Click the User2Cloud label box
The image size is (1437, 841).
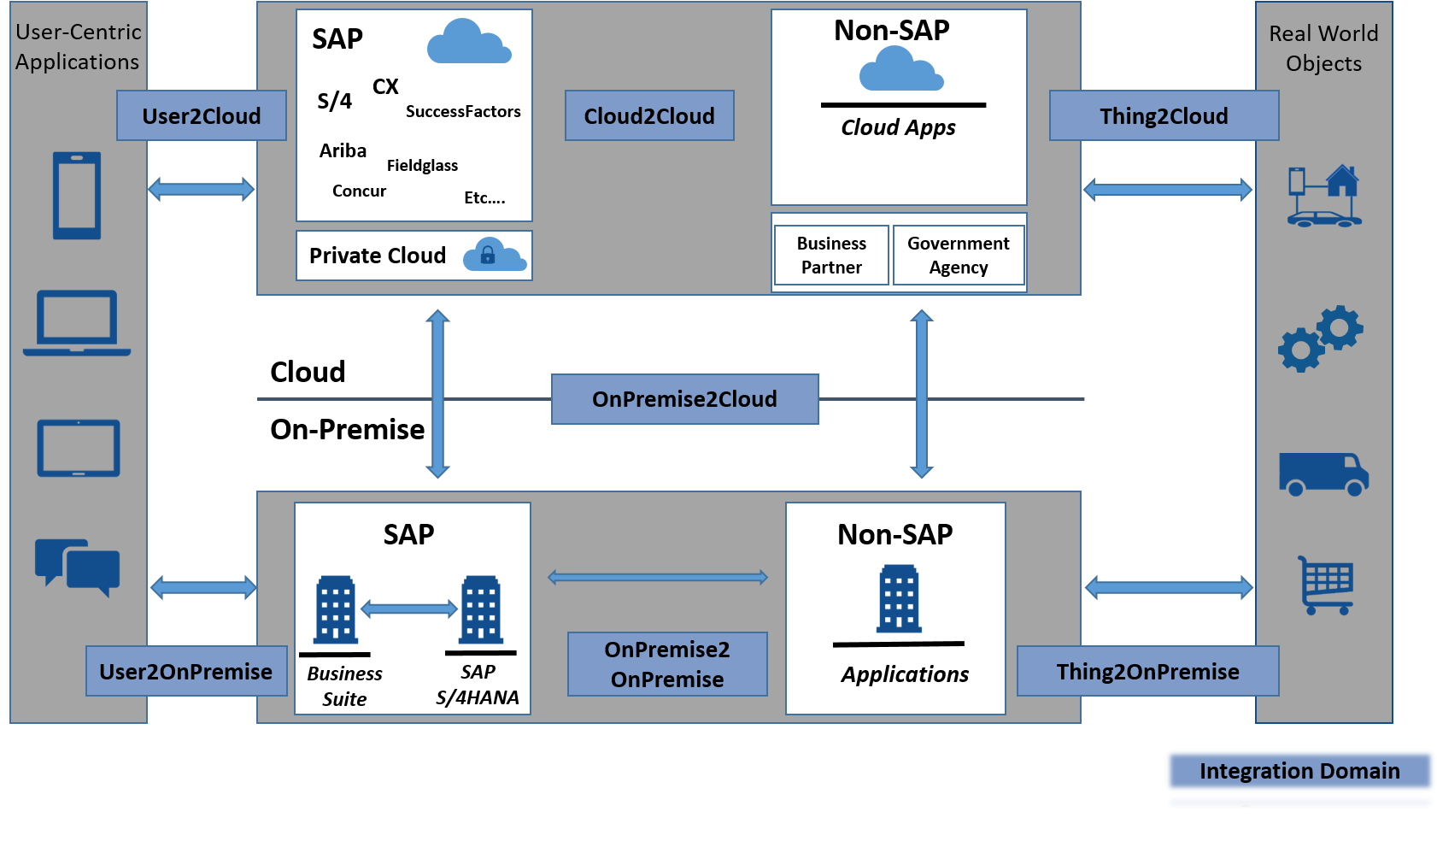(x=202, y=115)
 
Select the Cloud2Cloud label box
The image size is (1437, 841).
(x=649, y=115)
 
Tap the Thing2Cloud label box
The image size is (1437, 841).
(x=1164, y=115)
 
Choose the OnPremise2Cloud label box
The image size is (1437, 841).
(x=684, y=399)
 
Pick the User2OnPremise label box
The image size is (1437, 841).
(x=186, y=671)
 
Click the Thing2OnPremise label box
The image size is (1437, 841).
(x=1147, y=671)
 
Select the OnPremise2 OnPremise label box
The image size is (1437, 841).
(x=667, y=664)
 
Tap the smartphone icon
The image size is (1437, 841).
(x=77, y=196)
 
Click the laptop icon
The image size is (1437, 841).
(x=77, y=323)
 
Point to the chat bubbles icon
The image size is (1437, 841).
(x=77, y=567)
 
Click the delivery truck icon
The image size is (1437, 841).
(x=1323, y=474)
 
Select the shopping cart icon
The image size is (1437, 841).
(x=1326, y=585)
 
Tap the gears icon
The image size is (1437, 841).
(x=1321, y=338)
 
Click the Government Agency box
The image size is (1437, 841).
(x=958, y=255)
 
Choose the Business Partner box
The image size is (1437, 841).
(x=831, y=255)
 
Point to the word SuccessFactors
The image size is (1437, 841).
(x=463, y=111)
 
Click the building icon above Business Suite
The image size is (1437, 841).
(x=336, y=609)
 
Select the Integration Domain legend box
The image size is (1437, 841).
(x=1299, y=771)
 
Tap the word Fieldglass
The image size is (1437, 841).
(x=422, y=165)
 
